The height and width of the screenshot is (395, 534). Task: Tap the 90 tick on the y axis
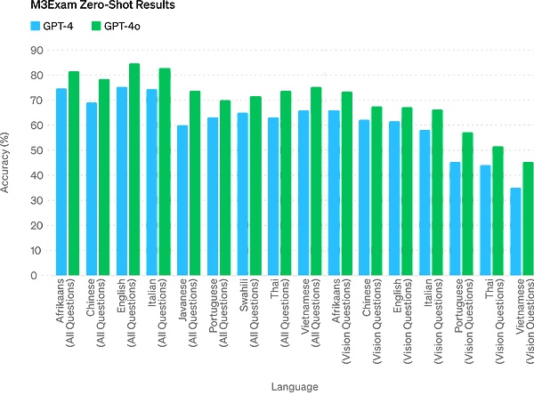point(36,51)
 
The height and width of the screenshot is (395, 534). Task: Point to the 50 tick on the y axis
point(36,150)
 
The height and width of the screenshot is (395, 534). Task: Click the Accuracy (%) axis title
point(9,163)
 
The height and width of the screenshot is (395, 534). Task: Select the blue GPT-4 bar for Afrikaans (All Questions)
point(61,181)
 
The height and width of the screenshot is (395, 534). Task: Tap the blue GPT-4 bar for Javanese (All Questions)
point(182,200)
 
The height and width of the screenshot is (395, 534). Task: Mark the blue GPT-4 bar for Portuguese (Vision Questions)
point(455,218)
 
